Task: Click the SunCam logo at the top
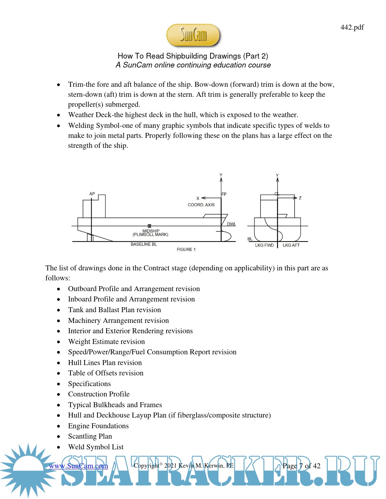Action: [193, 35]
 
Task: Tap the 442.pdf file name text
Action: [352, 27]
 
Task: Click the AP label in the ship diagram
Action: [92, 194]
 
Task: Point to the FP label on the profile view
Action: [224, 194]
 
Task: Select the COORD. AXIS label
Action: [201, 205]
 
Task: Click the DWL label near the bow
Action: [231, 224]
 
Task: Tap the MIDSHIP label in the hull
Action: [151, 231]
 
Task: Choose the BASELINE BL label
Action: [144, 244]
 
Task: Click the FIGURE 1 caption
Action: [186, 250]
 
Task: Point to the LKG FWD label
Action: [264, 245]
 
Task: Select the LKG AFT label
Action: [291, 245]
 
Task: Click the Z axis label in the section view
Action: [300, 198]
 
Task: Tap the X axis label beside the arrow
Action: [198, 198]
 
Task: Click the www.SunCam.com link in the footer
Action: [78, 466]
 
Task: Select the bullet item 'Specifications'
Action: [89, 384]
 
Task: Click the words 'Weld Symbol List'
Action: [96, 447]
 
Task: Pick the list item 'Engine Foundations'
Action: [98, 426]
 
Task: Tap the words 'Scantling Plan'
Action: [90, 436]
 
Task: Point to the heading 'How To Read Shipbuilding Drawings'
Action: [193, 56]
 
